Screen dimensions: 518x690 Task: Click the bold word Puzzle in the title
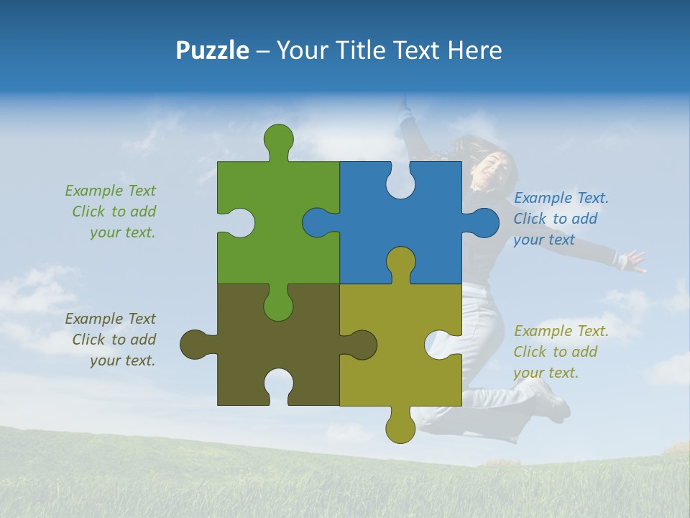212,50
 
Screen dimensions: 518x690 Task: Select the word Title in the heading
360,50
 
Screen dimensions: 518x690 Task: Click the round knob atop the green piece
278,139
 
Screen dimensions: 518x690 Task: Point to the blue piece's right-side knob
484,222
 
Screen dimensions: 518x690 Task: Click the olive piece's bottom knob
400,428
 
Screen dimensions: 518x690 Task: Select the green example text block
111,212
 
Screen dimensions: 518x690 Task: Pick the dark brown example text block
111,340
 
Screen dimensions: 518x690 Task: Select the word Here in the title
474,50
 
